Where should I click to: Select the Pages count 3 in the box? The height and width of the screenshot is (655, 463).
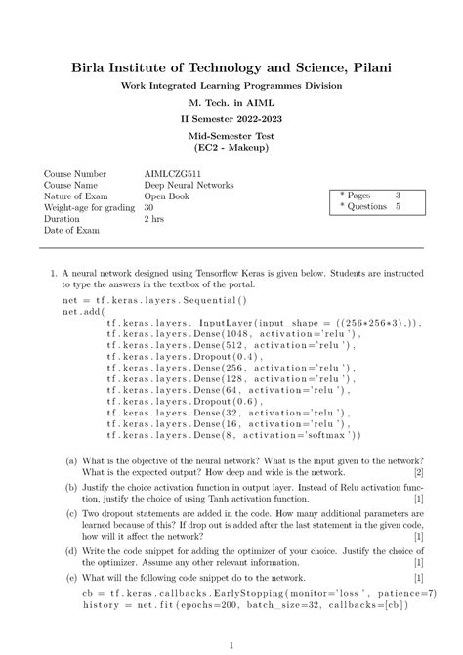(x=398, y=196)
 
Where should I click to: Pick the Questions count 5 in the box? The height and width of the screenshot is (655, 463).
(x=398, y=207)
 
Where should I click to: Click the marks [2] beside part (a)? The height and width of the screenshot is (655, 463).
(x=417, y=472)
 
